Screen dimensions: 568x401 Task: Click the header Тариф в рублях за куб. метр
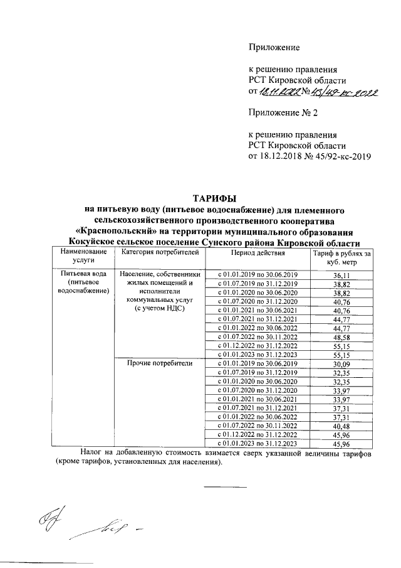pos(341,257)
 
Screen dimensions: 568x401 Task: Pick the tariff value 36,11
pos(341,276)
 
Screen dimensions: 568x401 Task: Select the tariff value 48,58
pos(341,337)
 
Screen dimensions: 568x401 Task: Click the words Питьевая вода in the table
pos(82,274)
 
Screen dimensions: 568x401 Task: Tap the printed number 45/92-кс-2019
pos(336,156)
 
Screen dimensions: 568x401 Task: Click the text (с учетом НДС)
pos(159,309)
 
